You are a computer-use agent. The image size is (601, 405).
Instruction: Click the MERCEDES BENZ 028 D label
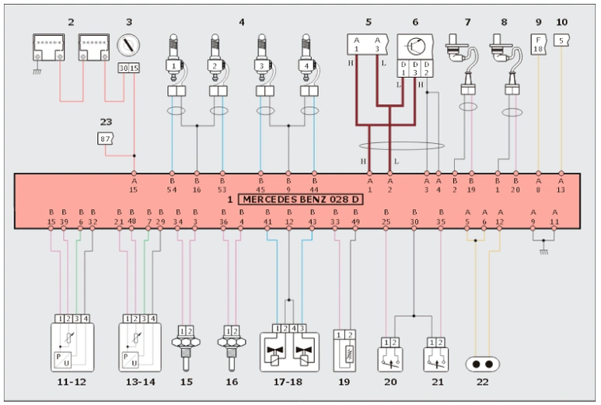(302, 199)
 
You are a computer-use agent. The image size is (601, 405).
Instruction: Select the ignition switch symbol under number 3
(128, 46)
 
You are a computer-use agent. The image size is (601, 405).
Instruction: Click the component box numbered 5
(368, 47)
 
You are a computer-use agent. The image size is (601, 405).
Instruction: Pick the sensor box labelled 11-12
(72, 345)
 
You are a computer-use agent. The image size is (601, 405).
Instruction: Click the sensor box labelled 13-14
(139, 345)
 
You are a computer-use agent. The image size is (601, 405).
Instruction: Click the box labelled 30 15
(127, 68)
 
